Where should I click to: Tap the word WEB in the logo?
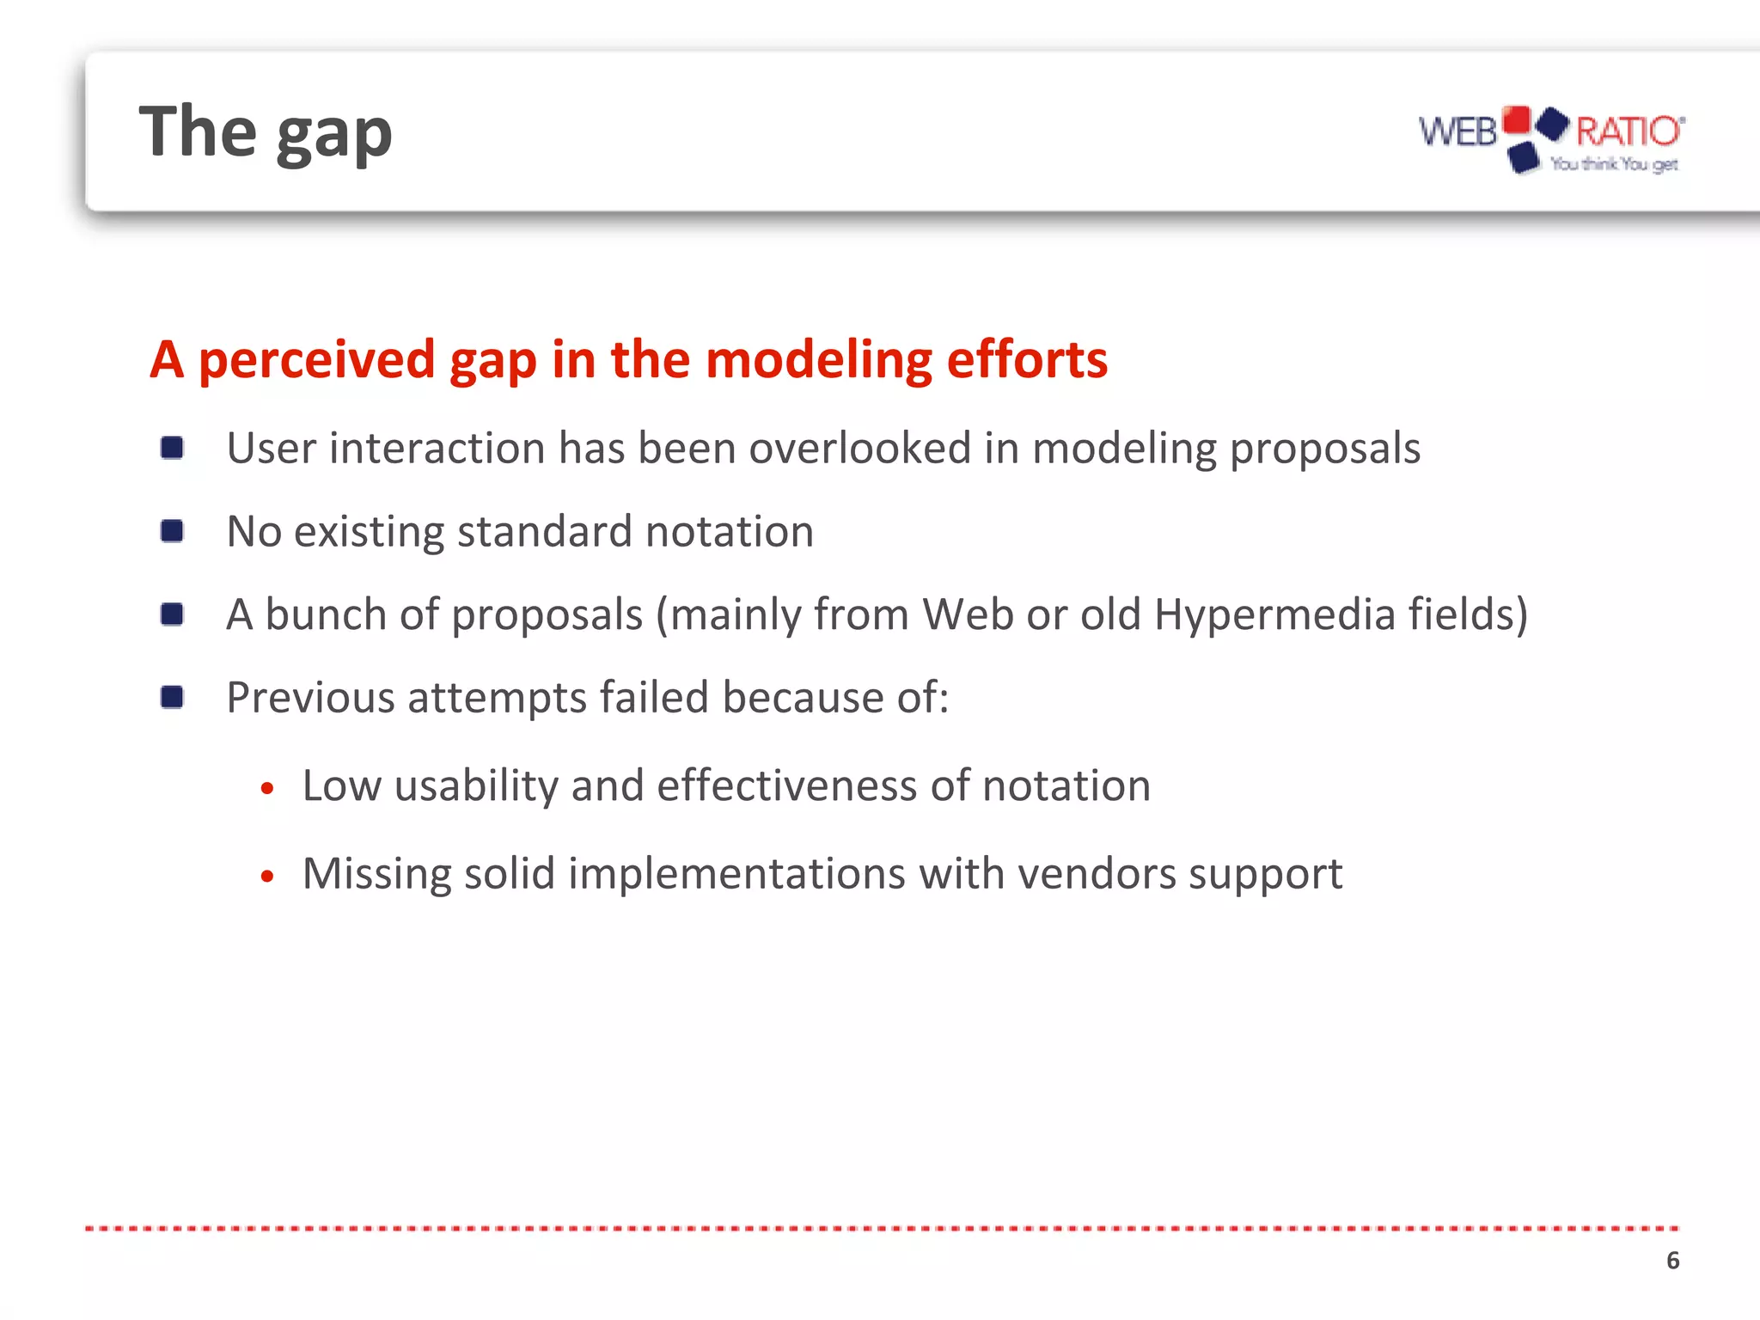click(1457, 132)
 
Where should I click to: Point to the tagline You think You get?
click(1614, 164)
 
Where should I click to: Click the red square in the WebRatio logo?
click(1517, 119)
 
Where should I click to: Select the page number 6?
click(1672, 1261)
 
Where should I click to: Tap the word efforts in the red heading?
click(1027, 359)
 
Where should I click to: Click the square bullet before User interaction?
click(172, 448)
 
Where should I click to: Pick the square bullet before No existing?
click(172, 531)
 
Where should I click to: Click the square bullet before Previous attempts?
click(172, 697)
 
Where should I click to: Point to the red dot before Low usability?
click(267, 788)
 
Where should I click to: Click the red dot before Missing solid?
click(267, 877)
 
